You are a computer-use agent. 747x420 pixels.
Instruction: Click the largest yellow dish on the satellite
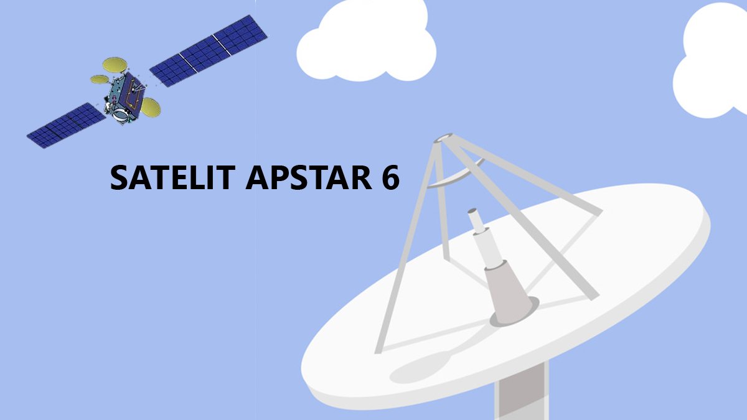tap(115, 65)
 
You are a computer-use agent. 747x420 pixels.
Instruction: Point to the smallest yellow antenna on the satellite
tap(100, 80)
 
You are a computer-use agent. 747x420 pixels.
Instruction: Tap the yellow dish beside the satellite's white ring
tap(151, 107)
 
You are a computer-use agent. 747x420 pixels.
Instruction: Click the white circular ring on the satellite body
tap(120, 114)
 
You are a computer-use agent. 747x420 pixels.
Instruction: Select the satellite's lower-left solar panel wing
tap(66, 125)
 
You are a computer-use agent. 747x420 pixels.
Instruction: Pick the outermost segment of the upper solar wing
tap(240, 35)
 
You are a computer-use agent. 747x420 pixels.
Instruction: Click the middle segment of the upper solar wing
tap(205, 54)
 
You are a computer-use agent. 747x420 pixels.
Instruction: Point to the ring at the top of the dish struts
tap(443, 138)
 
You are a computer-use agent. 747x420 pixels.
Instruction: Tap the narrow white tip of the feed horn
tap(475, 220)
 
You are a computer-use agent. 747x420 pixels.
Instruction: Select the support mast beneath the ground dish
tap(522, 391)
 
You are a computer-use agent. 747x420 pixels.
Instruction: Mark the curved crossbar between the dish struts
tap(456, 175)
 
